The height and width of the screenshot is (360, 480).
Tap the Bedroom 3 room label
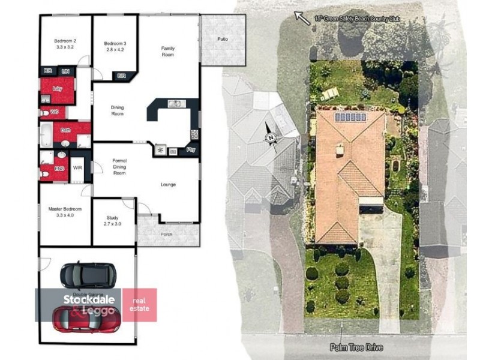[x=115, y=46]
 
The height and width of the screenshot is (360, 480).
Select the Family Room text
[x=167, y=51]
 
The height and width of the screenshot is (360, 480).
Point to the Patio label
[x=222, y=40]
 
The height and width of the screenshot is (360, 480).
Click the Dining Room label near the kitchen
[x=118, y=110]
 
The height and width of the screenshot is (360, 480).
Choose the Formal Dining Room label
[x=119, y=167]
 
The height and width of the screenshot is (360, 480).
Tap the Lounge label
[x=168, y=185]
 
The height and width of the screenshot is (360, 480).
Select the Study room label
[x=113, y=220]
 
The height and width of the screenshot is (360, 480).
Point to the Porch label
[x=167, y=235]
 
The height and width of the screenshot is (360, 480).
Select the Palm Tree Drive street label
[x=355, y=347]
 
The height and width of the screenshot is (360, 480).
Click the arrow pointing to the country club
[x=302, y=18]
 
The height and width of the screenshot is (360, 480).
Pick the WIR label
[x=77, y=168]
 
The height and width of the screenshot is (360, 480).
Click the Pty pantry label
[x=191, y=149]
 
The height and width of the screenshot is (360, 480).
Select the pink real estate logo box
[x=139, y=305]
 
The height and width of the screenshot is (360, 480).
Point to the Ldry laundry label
[x=58, y=89]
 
